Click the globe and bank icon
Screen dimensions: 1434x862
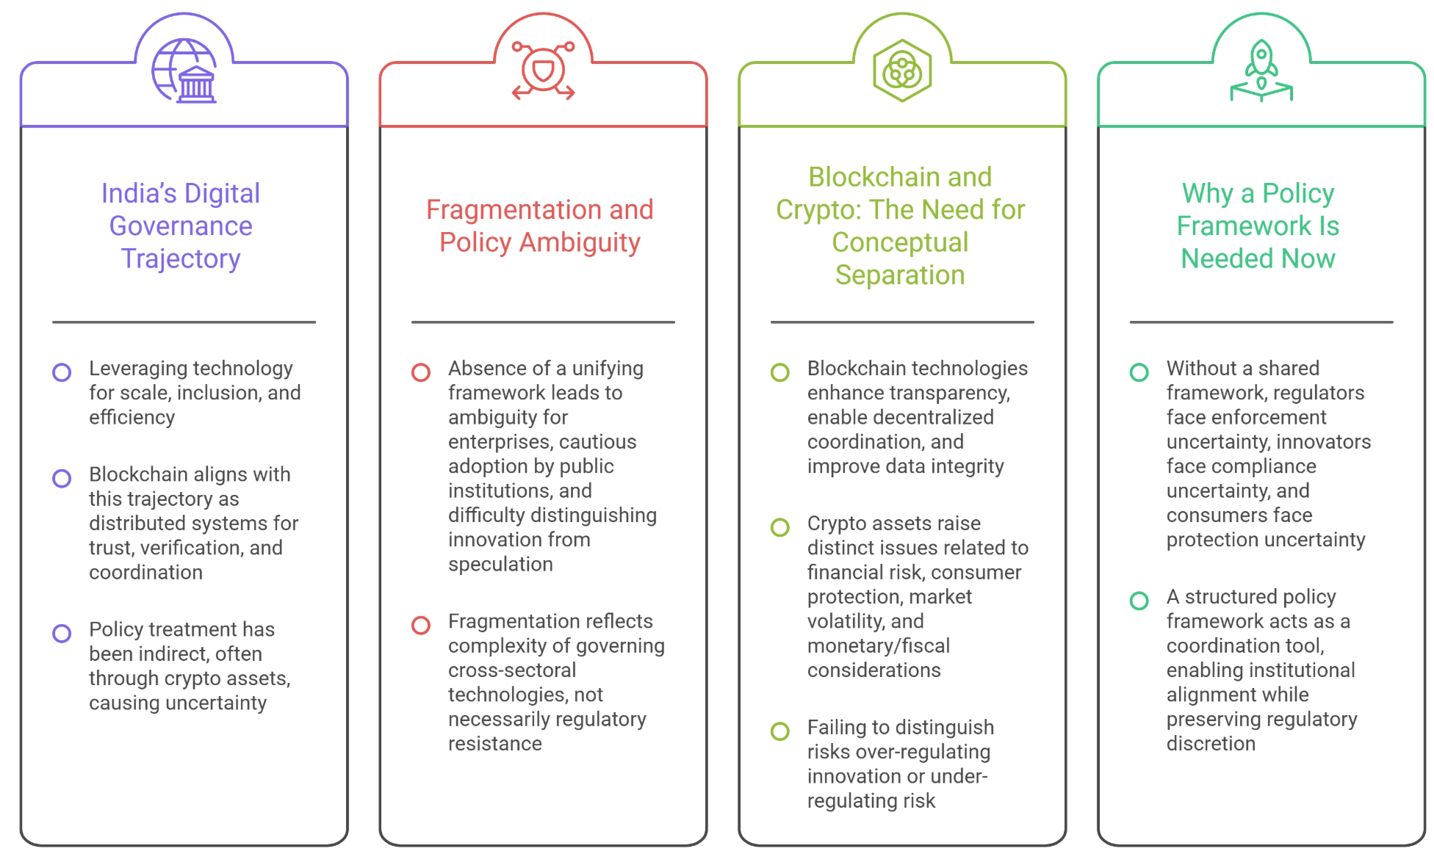pyautogui.click(x=184, y=70)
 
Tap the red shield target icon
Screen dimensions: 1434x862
pyautogui.click(x=543, y=70)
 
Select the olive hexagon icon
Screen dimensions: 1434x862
pyautogui.click(x=902, y=70)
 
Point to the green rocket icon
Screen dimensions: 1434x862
pyautogui.click(x=1261, y=70)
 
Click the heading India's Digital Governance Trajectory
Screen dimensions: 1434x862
pyautogui.click(x=181, y=226)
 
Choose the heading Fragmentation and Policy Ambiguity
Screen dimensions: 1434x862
pyautogui.click(x=540, y=226)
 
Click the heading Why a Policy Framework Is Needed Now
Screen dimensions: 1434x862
pyautogui.click(x=1258, y=226)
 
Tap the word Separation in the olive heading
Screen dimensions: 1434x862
pyautogui.click(x=900, y=275)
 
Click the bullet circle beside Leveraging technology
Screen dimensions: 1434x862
pyautogui.click(x=62, y=372)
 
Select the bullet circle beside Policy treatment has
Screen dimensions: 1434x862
pyautogui.click(x=62, y=633)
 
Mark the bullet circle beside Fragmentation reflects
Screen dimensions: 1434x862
pyautogui.click(x=421, y=625)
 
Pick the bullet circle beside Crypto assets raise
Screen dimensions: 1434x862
pyautogui.click(x=780, y=527)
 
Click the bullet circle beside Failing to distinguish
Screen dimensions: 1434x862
pyautogui.click(x=780, y=731)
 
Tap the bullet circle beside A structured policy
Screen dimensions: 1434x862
pyautogui.click(x=1139, y=601)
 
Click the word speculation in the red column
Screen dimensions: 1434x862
pyautogui.click(x=500, y=565)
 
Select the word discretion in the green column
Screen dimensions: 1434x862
pyautogui.click(x=1211, y=744)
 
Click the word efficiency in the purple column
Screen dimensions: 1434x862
pyautogui.click(x=132, y=418)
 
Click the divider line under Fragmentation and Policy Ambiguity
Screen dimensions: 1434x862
pyautogui.click(x=543, y=322)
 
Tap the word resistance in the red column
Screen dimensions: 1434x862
pyautogui.click(x=495, y=744)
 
